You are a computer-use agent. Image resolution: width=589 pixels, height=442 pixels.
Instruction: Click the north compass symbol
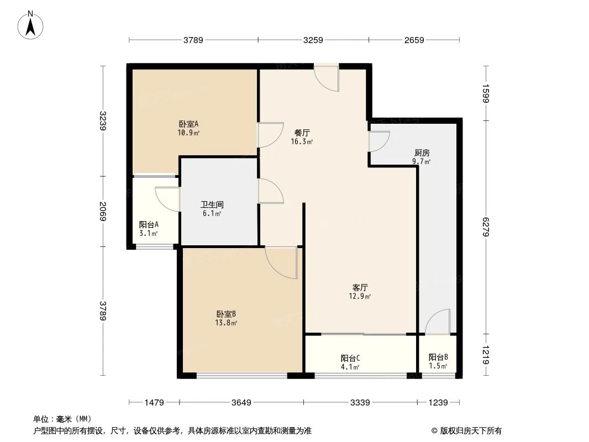[x=31, y=25]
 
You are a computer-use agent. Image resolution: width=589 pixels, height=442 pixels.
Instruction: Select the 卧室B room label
[x=226, y=314]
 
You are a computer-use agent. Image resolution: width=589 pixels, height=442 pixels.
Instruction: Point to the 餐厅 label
[x=302, y=133]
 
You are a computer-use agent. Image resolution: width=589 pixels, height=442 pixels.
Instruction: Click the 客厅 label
[x=360, y=287]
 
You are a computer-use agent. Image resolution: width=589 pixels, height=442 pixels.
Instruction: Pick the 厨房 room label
[x=422, y=153]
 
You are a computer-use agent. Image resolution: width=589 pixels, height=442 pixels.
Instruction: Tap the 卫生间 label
[x=212, y=204]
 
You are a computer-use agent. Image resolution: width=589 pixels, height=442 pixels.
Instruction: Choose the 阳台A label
[x=149, y=225]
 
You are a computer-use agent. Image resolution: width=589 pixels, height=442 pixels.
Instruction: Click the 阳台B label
[x=438, y=357]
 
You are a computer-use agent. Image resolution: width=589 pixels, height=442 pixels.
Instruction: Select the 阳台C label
[x=350, y=357]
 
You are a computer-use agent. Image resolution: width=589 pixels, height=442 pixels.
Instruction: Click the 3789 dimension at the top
[x=193, y=40]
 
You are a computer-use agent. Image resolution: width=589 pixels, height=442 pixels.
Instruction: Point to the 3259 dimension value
[x=313, y=40]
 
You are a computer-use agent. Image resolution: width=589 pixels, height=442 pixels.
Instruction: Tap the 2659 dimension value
[x=414, y=40]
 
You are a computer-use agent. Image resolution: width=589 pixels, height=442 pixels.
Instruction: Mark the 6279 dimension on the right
[x=486, y=227]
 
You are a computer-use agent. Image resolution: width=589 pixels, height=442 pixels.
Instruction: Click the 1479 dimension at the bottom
[x=154, y=403]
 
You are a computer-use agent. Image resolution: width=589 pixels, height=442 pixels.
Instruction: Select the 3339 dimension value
[x=360, y=403]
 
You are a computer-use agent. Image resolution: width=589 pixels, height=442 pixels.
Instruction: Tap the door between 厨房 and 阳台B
[x=438, y=323]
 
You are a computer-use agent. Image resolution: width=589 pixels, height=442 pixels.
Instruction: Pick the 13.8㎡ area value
[x=227, y=323]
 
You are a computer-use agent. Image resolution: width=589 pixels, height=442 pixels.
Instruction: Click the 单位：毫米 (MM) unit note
[x=62, y=419]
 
